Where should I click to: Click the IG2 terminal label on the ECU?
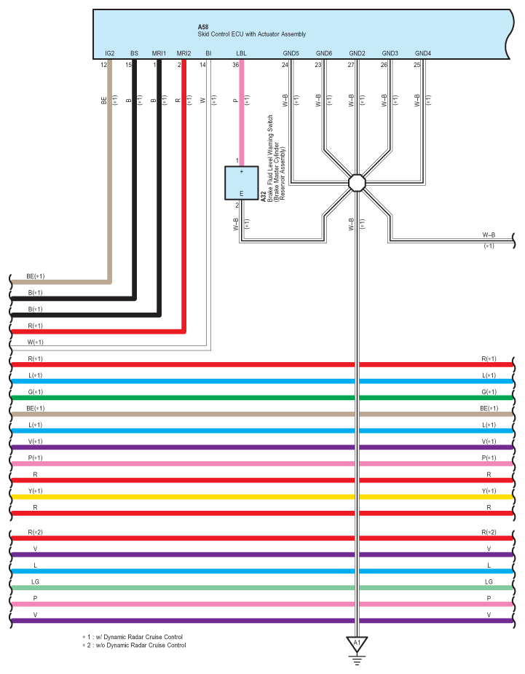(x=109, y=53)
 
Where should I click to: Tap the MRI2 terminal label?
(x=183, y=53)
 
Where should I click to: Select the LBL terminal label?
(x=241, y=53)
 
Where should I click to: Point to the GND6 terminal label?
(x=324, y=53)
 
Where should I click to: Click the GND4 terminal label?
(x=423, y=53)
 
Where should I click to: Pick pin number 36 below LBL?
(x=235, y=65)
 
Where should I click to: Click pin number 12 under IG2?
(x=103, y=65)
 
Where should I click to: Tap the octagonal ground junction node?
(x=357, y=183)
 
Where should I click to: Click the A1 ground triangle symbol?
(x=357, y=643)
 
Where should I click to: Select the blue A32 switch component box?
(x=242, y=183)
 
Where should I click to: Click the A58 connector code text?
(x=202, y=27)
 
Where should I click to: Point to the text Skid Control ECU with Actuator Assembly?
(x=252, y=34)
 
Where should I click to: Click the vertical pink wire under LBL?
(x=242, y=113)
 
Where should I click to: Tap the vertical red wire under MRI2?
(x=184, y=195)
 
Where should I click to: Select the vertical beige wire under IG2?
(x=109, y=171)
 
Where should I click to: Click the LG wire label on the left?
(x=35, y=581)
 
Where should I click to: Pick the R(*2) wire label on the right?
(x=489, y=532)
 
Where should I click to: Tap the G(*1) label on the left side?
(x=35, y=391)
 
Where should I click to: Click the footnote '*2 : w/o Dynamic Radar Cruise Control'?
(x=134, y=645)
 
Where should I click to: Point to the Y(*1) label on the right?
(x=489, y=491)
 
